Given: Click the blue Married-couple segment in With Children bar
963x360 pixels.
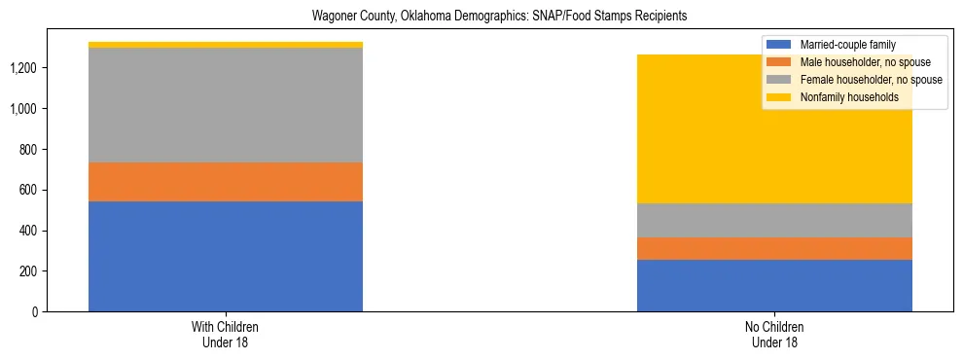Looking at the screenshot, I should click(226, 256).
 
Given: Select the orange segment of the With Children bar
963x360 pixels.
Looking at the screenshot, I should click(226, 182).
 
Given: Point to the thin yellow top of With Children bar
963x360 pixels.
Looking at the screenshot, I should click(226, 45).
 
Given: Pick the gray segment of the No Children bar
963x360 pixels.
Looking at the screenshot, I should click(774, 220).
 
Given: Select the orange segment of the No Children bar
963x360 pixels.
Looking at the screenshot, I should click(774, 248).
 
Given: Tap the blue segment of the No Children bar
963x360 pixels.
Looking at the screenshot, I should click(774, 285).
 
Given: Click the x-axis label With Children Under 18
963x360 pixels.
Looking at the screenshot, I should click(226, 334).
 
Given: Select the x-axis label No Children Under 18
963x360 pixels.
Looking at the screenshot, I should click(774, 334).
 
